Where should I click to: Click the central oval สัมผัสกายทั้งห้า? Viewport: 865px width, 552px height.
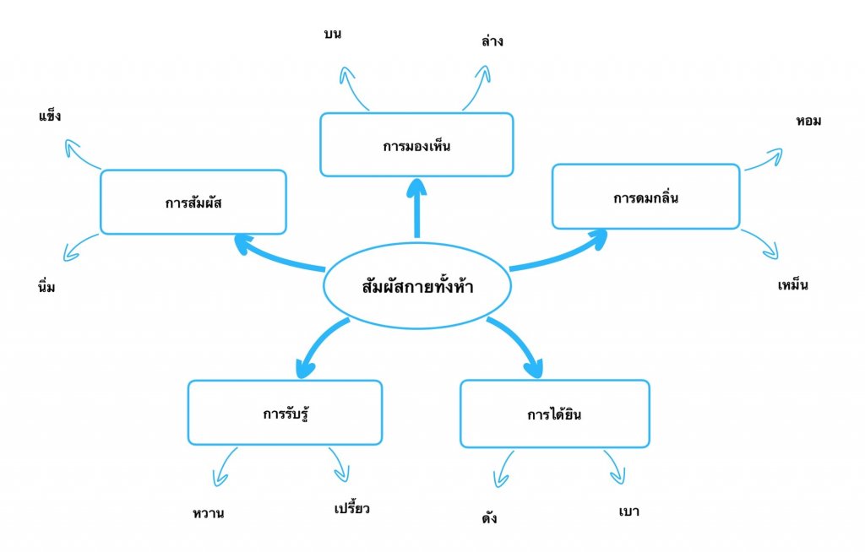point(416,286)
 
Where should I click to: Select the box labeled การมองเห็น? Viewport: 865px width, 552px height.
point(416,145)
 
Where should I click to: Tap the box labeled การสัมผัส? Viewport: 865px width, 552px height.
point(193,202)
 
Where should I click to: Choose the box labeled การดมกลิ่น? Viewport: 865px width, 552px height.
point(646,197)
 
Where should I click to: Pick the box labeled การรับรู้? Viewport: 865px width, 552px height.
point(285,413)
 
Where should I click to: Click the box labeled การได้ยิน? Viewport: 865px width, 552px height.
point(555,414)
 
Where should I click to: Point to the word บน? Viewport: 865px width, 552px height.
point(332,35)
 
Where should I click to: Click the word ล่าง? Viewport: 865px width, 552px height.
point(491,40)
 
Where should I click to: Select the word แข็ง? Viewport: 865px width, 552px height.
point(50,115)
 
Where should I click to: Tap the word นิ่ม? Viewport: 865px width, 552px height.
point(46,287)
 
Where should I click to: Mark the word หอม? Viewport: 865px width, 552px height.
point(808,121)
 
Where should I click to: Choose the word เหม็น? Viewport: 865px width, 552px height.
point(793,284)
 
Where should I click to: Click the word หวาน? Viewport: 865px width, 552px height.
point(209,512)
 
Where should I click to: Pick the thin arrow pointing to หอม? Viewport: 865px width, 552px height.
point(764,160)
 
